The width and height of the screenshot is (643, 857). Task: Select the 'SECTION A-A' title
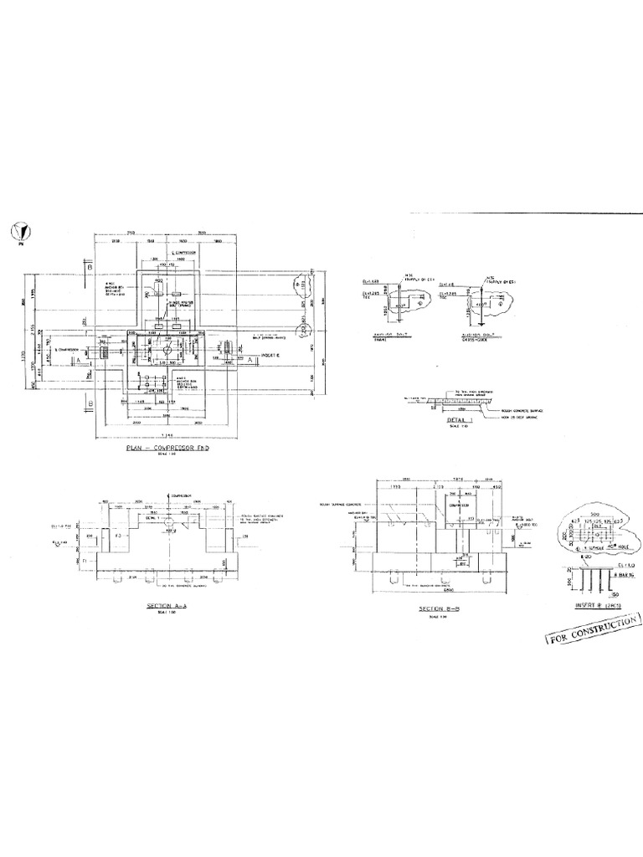(x=167, y=603)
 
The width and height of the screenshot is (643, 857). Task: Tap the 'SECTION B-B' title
(x=435, y=609)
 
